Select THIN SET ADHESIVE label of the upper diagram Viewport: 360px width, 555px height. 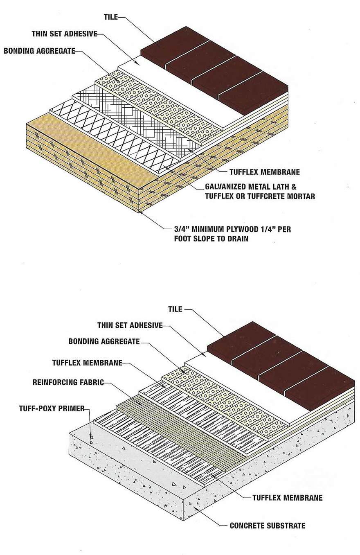[x=65, y=34]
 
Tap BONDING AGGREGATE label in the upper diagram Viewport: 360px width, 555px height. [x=39, y=51]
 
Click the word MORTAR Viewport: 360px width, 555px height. [x=301, y=197]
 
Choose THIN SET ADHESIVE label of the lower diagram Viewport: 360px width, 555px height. [x=130, y=325]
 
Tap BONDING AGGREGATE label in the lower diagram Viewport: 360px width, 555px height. [x=104, y=341]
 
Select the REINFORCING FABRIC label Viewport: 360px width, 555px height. [x=68, y=383]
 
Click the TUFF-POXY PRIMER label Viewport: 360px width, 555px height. [x=52, y=408]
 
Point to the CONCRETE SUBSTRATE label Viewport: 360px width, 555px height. [x=267, y=526]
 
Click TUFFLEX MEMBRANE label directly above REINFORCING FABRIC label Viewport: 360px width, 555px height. [x=87, y=363]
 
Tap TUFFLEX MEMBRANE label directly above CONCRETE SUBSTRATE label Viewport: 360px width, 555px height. [x=287, y=498]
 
